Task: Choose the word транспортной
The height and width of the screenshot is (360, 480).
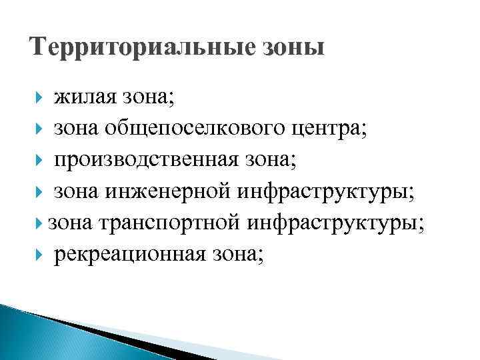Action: [x=169, y=223]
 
